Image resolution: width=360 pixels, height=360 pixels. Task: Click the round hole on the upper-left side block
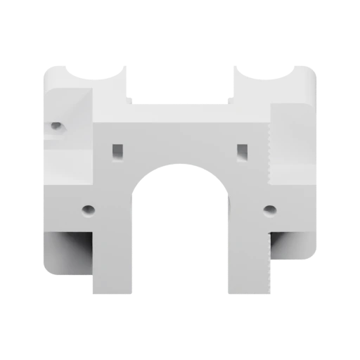pyautogui.click(x=56, y=127)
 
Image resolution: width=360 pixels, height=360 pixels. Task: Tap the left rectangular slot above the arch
pyautogui.click(x=117, y=150)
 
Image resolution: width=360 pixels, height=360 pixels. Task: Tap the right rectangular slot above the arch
pyautogui.click(x=243, y=150)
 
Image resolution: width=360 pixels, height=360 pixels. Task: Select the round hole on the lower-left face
pyautogui.click(x=88, y=210)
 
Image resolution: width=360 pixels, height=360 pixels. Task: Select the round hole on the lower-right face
pyautogui.click(x=269, y=210)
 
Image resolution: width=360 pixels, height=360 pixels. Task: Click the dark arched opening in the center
pyautogui.click(x=180, y=239)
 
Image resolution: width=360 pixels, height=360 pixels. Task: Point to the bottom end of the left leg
pyautogui.click(x=112, y=292)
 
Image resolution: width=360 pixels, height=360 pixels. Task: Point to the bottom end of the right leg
pyautogui.click(x=247, y=292)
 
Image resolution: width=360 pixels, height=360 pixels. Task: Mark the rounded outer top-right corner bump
pyautogui.click(x=304, y=70)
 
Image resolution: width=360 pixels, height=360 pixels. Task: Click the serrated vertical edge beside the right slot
pyautogui.click(x=270, y=151)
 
